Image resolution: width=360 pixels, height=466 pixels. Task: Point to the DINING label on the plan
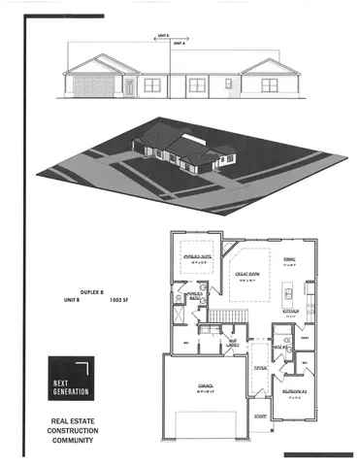(288, 259)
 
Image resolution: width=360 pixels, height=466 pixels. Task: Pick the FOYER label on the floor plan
(260, 369)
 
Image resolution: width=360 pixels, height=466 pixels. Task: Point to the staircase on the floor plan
(226, 316)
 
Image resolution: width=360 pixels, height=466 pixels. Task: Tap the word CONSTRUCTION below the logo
(72, 430)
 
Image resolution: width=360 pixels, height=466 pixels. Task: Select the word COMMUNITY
(72, 440)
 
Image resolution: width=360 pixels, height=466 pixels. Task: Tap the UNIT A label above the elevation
(179, 44)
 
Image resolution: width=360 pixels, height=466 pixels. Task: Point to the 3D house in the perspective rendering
(180, 150)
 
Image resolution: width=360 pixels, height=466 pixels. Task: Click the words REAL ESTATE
(72, 420)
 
